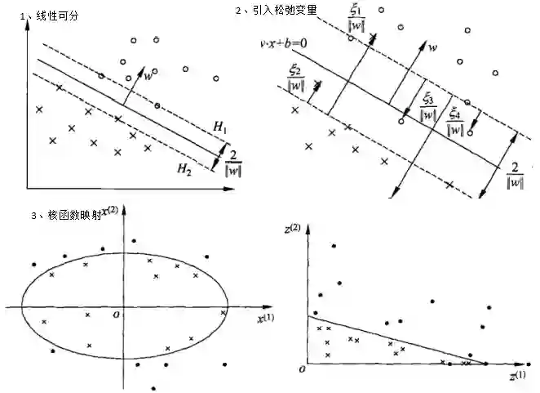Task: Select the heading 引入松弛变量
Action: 281,10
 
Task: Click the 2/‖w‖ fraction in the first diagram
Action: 233,161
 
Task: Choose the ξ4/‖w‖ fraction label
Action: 455,119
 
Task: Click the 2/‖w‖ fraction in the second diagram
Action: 515,174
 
